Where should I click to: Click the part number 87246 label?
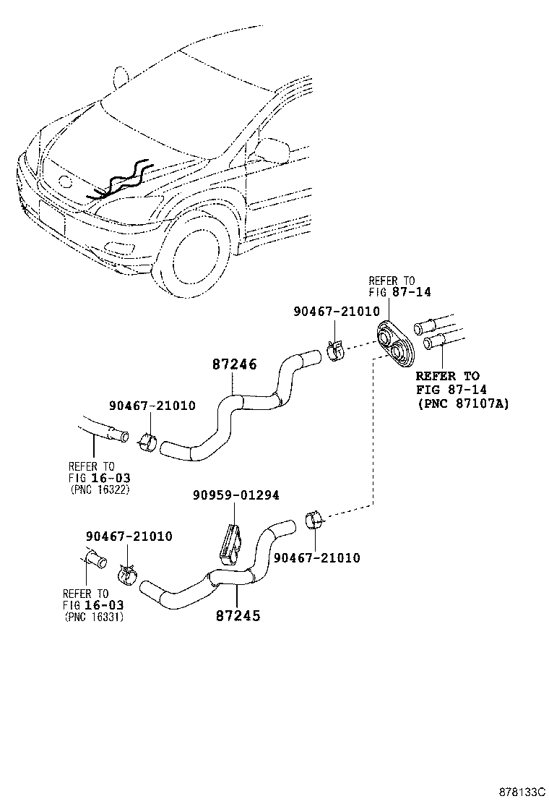[234, 366]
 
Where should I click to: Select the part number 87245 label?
[238, 616]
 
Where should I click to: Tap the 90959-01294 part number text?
[235, 495]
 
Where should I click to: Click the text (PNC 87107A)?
[463, 403]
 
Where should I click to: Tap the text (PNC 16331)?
[94, 617]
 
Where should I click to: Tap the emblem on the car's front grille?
[66, 182]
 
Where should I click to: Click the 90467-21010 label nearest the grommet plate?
[336, 311]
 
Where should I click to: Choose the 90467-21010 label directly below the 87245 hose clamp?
[316, 557]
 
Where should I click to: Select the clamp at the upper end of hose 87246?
[334, 352]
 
